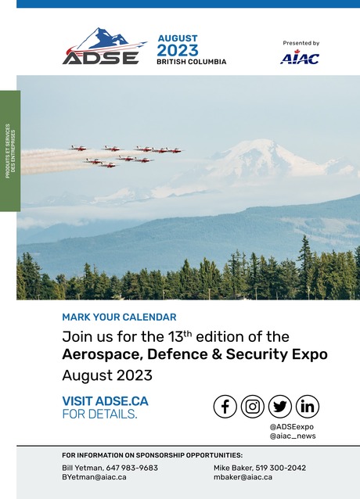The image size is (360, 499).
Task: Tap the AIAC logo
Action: [x=300, y=57]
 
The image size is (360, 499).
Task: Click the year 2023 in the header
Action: [x=178, y=50]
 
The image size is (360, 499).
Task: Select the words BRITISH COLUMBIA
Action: [x=191, y=61]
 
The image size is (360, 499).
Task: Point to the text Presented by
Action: [x=301, y=43]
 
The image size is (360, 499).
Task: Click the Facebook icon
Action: [x=225, y=406]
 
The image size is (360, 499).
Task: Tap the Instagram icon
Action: [x=252, y=406]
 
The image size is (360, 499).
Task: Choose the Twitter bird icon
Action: [x=279, y=406]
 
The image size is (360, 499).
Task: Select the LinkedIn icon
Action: [x=307, y=406]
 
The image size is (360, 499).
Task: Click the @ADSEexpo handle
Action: [x=291, y=426]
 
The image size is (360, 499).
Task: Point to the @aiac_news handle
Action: [x=292, y=436]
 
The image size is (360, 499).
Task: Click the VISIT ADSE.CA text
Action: [x=105, y=401]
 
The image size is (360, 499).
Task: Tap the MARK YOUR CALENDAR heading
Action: [x=119, y=318]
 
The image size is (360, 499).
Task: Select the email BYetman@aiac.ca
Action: [x=94, y=477]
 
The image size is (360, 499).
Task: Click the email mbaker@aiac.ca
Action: [x=243, y=477]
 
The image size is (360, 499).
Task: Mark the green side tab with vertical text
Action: [x=9, y=151]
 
